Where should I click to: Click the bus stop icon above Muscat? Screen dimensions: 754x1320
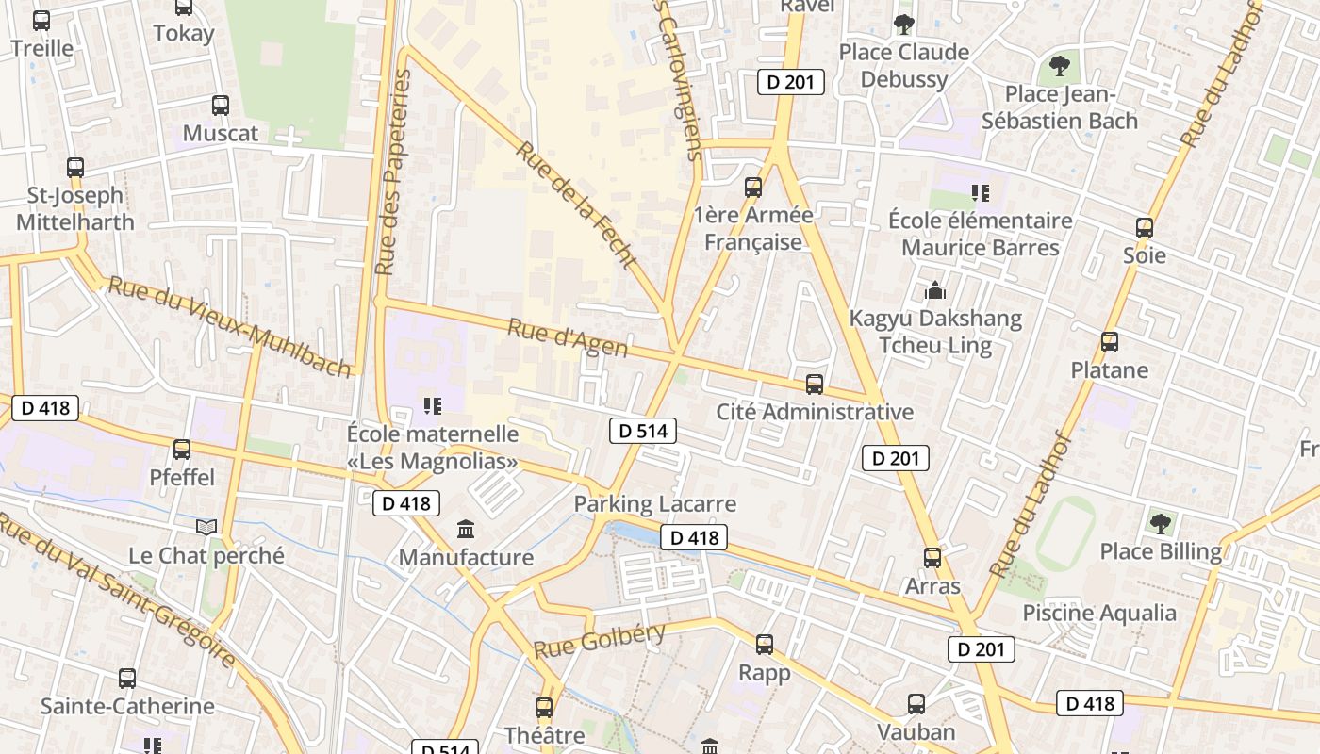pos(221,105)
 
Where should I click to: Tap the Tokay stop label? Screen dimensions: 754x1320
pos(184,33)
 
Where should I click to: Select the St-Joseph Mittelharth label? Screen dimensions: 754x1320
pos(75,208)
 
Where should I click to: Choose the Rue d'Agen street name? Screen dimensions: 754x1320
pos(568,338)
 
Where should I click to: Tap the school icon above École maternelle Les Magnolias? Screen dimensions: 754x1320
pos(433,406)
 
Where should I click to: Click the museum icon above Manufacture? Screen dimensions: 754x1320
pos(466,530)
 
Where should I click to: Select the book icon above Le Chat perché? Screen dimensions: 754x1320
pos(206,527)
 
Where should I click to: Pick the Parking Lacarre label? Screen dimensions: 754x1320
pos(655,504)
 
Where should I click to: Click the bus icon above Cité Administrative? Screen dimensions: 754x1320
pos(815,384)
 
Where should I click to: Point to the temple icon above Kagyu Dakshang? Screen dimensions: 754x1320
pos(935,289)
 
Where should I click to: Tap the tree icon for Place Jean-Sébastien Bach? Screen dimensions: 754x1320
pos(1060,66)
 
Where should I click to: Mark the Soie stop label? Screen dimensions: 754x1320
pos(1145,255)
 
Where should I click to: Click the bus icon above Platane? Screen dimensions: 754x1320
pos(1110,341)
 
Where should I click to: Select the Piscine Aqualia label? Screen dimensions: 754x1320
pos(1099,614)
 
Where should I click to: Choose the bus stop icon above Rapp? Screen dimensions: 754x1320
pos(765,645)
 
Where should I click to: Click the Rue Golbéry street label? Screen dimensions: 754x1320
pos(600,641)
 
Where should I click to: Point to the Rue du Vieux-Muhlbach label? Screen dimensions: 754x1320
pos(231,327)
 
